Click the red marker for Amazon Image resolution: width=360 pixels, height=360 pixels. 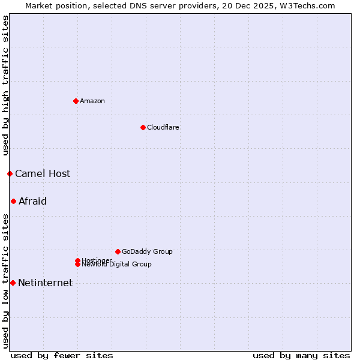[x=76, y=101]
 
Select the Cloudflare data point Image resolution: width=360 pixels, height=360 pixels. [x=143, y=127]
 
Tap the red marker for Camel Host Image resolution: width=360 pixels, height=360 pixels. [x=10, y=173]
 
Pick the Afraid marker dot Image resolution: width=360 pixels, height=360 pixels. [x=13, y=201]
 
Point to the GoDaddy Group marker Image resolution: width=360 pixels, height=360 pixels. [x=118, y=251]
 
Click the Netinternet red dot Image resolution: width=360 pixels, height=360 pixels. [x=13, y=283]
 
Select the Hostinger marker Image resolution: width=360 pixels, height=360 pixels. [x=77, y=260]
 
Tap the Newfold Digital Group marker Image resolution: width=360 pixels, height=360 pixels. [x=78, y=265]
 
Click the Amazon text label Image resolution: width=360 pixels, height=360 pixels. [x=92, y=101]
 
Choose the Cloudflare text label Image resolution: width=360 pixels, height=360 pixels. [x=163, y=127]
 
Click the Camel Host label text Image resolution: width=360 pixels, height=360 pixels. [x=43, y=173]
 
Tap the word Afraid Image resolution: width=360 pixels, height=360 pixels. [x=32, y=201]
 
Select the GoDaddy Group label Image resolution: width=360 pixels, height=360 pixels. [x=147, y=251]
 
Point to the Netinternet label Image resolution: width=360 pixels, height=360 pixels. [x=45, y=283]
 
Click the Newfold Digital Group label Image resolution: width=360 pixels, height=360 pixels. [x=117, y=265]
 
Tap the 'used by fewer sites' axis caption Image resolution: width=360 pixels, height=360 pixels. [x=62, y=355]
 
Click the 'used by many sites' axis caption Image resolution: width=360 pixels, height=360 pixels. [x=301, y=355]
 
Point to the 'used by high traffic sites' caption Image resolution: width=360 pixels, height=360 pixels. [x=5, y=86]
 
